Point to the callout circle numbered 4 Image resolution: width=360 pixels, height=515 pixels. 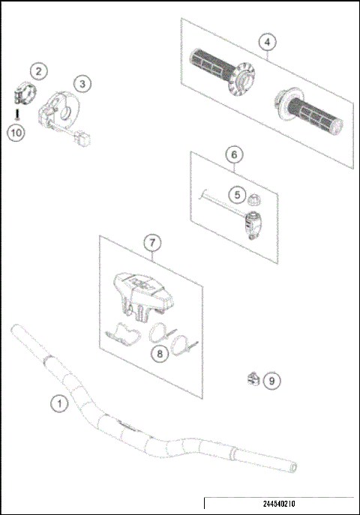265,43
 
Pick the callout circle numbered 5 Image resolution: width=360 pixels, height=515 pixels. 238,194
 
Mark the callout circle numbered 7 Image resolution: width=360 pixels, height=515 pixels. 151,243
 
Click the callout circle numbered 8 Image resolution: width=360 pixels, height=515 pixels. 159,353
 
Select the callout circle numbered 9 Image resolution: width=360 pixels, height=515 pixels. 272,381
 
